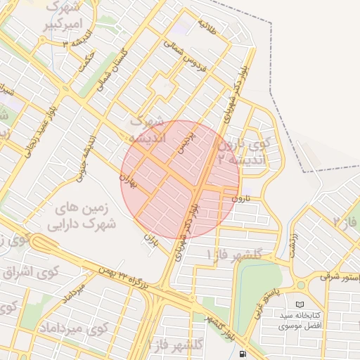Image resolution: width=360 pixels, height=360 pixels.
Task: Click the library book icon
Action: coord(301,304)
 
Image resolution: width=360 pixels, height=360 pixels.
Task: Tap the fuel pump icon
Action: coord(243,354)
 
